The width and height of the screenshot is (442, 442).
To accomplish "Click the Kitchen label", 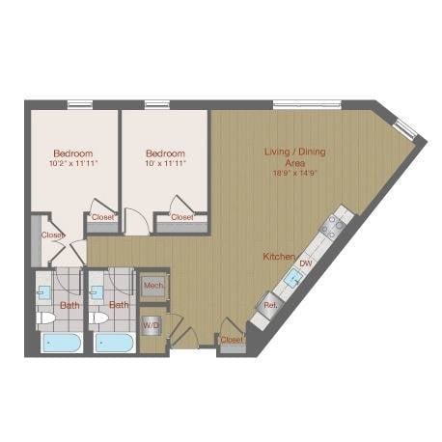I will tap(279, 257).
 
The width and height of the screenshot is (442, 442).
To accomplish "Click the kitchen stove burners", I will tap(334, 226).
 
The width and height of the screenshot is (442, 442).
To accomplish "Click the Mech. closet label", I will tap(153, 287).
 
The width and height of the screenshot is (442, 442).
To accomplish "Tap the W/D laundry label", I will tap(151, 325).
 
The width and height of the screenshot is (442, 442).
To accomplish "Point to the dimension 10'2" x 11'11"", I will tap(72, 164).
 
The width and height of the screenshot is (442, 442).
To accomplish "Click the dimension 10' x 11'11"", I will tap(165, 164).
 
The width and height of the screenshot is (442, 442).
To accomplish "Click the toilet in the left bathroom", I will tap(44, 317).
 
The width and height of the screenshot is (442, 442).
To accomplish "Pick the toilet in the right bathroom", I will tap(97, 317).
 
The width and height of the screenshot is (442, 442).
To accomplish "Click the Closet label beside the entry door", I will tap(232, 340).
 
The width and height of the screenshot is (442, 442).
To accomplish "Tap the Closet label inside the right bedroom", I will tap(181, 217).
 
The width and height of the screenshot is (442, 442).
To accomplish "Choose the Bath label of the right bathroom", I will tap(119, 305).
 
